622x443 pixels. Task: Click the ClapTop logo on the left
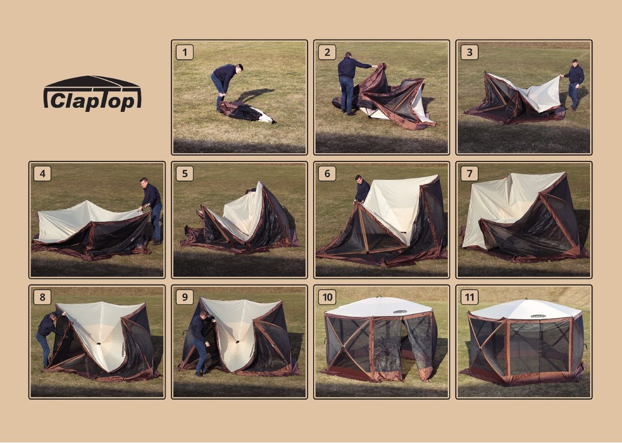[92, 93]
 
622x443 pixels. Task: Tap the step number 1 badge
[185, 52]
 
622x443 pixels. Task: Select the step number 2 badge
[327, 52]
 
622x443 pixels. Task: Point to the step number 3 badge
[469, 52]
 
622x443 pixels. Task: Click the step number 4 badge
[42, 173]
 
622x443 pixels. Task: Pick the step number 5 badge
[185, 173]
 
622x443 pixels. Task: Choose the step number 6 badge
[327, 173]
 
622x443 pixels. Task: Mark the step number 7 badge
[469, 173]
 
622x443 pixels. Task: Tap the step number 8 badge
[42, 297]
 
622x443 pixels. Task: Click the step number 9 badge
[185, 297]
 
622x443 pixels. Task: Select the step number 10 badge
[327, 297]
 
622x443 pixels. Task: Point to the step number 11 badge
[469, 297]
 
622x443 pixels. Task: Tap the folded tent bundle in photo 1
[246, 112]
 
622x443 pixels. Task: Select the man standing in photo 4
[151, 211]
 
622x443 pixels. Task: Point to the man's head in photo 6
[359, 179]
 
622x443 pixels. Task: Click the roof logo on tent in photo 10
[400, 312]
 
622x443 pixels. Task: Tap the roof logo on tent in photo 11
[538, 316]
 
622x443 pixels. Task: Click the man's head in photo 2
[348, 55]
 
